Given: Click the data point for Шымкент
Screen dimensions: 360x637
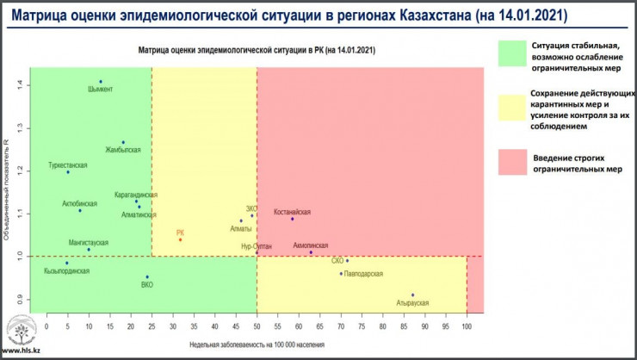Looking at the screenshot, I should pos(101,82).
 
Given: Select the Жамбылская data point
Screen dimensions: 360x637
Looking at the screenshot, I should pos(123,142).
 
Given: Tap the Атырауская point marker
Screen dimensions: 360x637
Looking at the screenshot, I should pos(413,295).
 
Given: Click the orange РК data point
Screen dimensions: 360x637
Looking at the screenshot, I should pos(180,239).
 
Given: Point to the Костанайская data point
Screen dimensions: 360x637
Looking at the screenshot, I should pos(293,219).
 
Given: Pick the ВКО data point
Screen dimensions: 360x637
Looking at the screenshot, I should pos(147,277).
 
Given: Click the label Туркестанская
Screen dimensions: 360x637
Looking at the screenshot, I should pos(69,164).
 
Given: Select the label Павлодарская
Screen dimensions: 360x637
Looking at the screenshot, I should pos(362,274).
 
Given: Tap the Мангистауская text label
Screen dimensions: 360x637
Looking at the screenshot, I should pos(89,243).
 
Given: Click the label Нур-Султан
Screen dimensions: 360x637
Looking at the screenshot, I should pos(256,246).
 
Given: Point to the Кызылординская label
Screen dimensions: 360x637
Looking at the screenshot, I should pos(66,270).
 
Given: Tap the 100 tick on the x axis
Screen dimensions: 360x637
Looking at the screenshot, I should pos(467,326).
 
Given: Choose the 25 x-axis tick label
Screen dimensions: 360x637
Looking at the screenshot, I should pos(152,326).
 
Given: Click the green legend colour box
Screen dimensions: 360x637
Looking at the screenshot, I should pos(512,52).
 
